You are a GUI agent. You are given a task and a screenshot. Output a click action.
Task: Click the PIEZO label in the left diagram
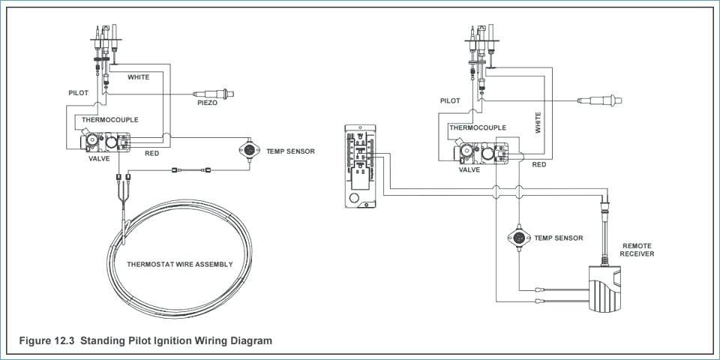coord(207,103)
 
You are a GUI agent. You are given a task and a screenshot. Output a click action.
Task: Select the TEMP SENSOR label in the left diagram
coord(291,151)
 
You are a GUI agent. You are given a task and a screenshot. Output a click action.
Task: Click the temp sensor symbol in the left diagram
coord(249,150)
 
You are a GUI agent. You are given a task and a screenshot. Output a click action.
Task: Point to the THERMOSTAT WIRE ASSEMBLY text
coord(179,264)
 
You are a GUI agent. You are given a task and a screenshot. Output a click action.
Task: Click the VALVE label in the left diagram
coord(99,158)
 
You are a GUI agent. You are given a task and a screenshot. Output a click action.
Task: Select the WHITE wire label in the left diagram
coord(138,77)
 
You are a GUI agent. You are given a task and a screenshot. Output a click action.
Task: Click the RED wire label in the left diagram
coord(152,153)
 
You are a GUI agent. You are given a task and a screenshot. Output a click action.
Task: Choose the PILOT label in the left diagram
coord(78,93)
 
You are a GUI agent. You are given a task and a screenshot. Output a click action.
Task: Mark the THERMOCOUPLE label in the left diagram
coord(109,119)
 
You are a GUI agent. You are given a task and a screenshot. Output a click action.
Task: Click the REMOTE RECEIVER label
coord(637,250)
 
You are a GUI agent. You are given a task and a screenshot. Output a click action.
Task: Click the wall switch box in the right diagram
coord(361,166)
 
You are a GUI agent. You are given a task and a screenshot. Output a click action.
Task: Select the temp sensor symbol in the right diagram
coord(519,238)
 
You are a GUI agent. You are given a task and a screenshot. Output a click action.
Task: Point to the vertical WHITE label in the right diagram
coord(538,122)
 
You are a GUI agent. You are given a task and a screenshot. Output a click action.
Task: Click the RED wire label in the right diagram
coord(539,164)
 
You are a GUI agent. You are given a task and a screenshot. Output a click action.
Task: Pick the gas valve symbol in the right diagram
coord(481,153)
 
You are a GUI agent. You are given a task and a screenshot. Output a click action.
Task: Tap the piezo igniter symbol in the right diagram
coord(600,100)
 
